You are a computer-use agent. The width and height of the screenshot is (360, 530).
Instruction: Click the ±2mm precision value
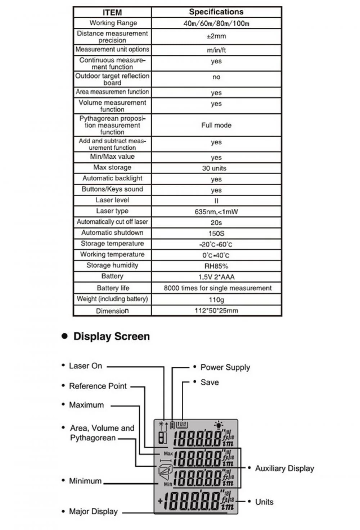click(216, 36)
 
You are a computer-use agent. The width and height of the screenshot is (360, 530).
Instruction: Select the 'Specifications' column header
click(216, 12)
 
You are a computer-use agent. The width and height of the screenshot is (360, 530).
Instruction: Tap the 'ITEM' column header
click(112, 13)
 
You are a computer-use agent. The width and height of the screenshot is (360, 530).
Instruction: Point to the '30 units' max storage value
click(214, 168)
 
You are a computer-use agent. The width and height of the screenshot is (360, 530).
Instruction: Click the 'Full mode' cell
click(216, 125)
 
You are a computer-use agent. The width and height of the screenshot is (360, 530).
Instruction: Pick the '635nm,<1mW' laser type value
click(216, 212)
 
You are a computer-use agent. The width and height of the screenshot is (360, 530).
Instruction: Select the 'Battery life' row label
click(113, 288)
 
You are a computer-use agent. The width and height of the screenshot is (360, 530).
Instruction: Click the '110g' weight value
click(216, 299)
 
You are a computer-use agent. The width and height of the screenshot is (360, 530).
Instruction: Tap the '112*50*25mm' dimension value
click(216, 311)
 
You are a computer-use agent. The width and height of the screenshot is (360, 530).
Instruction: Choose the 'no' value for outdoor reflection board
click(216, 77)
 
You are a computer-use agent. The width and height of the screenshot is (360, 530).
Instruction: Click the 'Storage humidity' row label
click(112, 265)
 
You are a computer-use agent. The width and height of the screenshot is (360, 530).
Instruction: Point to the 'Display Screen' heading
click(111, 336)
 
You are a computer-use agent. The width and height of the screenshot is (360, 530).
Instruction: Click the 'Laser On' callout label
click(85, 366)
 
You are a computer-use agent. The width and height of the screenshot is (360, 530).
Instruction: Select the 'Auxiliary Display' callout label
click(284, 468)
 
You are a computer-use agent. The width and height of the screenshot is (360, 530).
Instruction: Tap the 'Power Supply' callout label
click(225, 367)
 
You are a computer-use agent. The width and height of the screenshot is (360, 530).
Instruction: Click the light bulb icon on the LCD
click(218, 425)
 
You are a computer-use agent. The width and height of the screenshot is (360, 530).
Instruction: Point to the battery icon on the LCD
click(172, 425)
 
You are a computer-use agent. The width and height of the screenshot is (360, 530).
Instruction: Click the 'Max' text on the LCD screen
click(168, 454)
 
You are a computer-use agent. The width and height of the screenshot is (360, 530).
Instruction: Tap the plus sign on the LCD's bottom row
click(160, 500)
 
